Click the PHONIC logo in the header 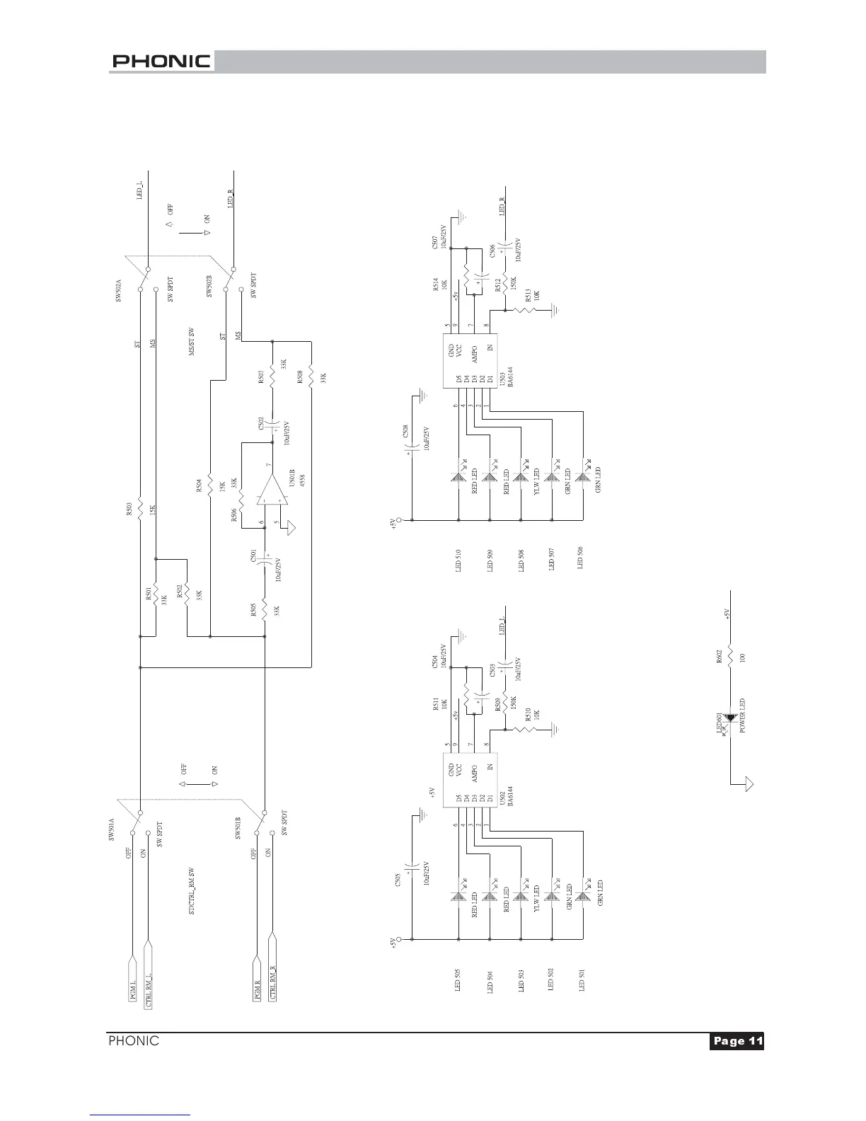click(161, 62)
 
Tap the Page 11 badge click(737, 1041)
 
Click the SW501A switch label click(112, 829)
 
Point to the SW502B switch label click(209, 286)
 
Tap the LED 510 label click(458, 559)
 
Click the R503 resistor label click(129, 510)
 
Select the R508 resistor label click(300, 376)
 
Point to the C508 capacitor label click(405, 431)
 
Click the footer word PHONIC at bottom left click(133, 1041)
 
